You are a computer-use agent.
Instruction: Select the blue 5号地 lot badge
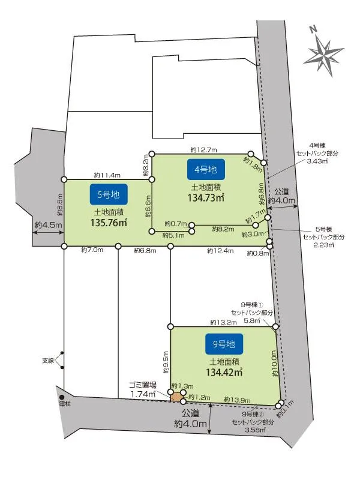click(x=109, y=194)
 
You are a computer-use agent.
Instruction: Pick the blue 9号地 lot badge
click(x=224, y=344)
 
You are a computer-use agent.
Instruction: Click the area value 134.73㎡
click(x=206, y=197)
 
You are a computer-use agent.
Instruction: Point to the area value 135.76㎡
click(x=109, y=222)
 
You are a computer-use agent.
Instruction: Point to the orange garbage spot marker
click(x=176, y=397)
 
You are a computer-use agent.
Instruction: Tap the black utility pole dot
click(x=61, y=397)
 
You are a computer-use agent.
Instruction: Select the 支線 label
click(x=48, y=361)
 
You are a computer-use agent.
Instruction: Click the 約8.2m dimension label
click(x=226, y=229)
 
